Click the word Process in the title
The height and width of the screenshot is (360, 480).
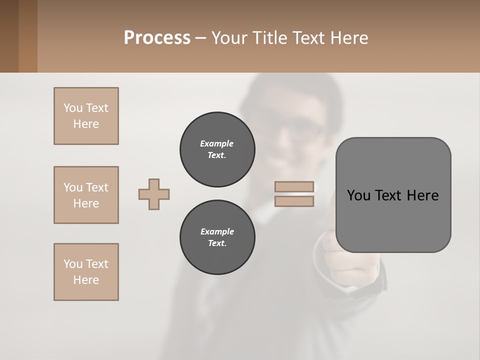pos(157,38)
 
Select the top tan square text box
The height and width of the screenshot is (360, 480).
pos(86,116)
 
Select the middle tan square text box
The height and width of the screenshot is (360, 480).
pos(86,195)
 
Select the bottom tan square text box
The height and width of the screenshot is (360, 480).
pos(86,272)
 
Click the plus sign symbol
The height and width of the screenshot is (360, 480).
pos(154,194)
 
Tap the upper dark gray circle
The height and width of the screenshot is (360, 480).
pos(217,149)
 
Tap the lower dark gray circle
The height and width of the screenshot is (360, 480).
pos(217,237)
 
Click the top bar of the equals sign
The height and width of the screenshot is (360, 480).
pos(294,187)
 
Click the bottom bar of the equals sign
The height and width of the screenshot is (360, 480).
pos(294,201)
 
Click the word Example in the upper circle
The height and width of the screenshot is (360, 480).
pos(216,143)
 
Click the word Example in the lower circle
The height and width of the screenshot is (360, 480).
pos(217,231)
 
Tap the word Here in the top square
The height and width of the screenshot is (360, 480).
pos(86,124)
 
